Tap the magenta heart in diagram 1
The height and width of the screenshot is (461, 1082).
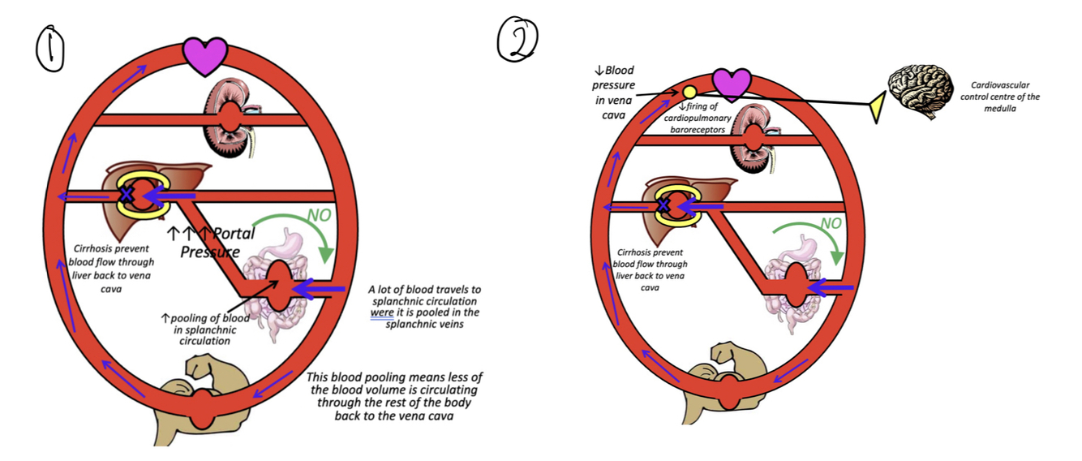(x=204, y=55)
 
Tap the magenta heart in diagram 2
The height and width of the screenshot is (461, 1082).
(x=732, y=84)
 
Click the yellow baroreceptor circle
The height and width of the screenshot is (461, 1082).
(x=689, y=93)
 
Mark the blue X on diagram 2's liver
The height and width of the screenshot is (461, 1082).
(x=664, y=205)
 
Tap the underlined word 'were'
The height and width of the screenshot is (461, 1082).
(x=381, y=312)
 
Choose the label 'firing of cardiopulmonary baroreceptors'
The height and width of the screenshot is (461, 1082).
(x=695, y=118)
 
